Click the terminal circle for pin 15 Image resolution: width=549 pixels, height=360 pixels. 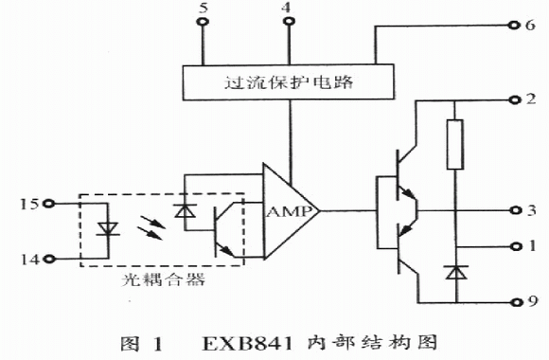48,204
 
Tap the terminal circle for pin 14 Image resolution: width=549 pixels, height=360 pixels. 50,259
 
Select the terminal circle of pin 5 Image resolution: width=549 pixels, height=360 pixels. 203,22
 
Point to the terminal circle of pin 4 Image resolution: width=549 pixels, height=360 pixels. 289,22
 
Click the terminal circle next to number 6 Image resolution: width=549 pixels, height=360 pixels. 514,25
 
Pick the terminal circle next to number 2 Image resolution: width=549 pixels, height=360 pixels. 514,100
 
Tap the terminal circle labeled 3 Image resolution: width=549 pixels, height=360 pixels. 515,210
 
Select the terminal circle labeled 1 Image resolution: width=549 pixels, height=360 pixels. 515,246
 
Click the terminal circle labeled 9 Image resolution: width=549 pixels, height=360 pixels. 516,302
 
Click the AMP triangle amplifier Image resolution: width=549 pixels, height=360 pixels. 287,211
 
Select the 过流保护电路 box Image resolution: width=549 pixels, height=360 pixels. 288,82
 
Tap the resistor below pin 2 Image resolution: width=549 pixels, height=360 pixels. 455,144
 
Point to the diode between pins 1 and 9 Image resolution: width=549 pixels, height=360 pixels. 456,272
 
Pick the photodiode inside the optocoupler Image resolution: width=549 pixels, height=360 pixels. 186,210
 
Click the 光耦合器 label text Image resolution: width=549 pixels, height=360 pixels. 163,279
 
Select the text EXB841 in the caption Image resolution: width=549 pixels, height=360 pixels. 248,344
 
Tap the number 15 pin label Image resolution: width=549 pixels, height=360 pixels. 29,204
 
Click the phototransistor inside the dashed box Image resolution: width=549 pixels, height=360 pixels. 224,230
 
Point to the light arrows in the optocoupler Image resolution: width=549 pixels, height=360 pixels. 151,227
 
